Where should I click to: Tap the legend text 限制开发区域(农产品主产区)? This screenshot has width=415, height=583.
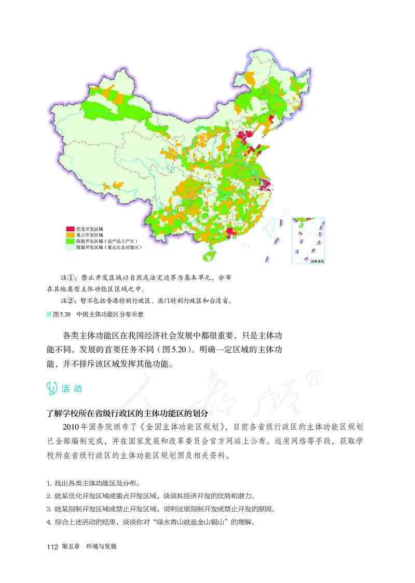(x=108, y=242)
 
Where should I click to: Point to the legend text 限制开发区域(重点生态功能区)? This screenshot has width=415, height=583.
(x=109, y=248)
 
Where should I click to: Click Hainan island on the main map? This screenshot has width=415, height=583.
(x=210, y=255)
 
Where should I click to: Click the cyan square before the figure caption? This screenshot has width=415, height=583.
(x=49, y=314)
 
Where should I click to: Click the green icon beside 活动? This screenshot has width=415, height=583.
(x=52, y=388)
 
